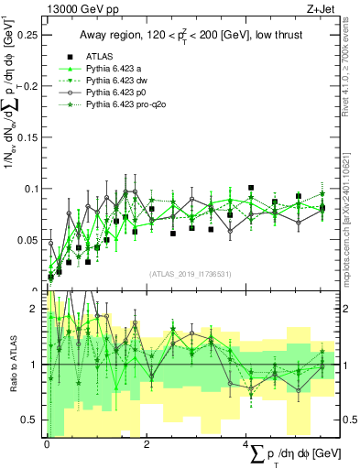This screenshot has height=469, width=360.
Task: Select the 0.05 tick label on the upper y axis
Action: (x=29, y=240)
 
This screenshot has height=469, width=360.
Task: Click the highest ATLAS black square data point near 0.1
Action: (x=251, y=188)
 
